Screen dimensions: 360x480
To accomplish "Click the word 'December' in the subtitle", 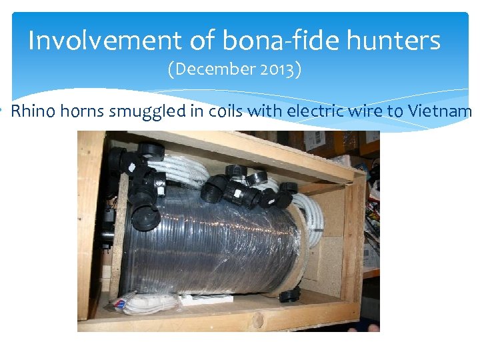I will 223,69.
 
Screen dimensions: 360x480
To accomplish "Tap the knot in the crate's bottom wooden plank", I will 257,321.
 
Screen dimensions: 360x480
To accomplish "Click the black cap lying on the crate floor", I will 289,296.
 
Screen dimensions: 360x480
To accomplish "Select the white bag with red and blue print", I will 127,305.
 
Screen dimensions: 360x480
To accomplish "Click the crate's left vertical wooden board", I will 89,227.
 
